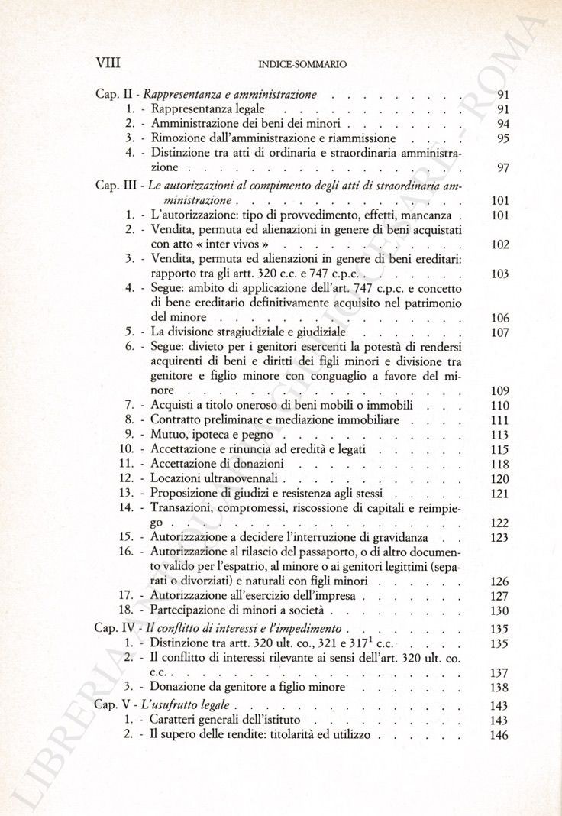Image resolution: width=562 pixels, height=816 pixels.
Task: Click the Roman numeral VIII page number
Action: (x=108, y=63)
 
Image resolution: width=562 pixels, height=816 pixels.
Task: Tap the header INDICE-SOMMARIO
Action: (x=303, y=65)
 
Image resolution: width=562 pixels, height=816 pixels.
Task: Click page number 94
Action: (x=502, y=124)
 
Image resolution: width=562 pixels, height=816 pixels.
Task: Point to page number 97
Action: (x=502, y=167)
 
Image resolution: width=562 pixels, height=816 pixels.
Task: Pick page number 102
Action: (x=499, y=244)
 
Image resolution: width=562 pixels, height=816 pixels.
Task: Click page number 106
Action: (x=499, y=318)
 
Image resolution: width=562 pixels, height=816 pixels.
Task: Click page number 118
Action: (x=499, y=465)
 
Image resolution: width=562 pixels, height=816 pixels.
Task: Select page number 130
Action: (x=499, y=610)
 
